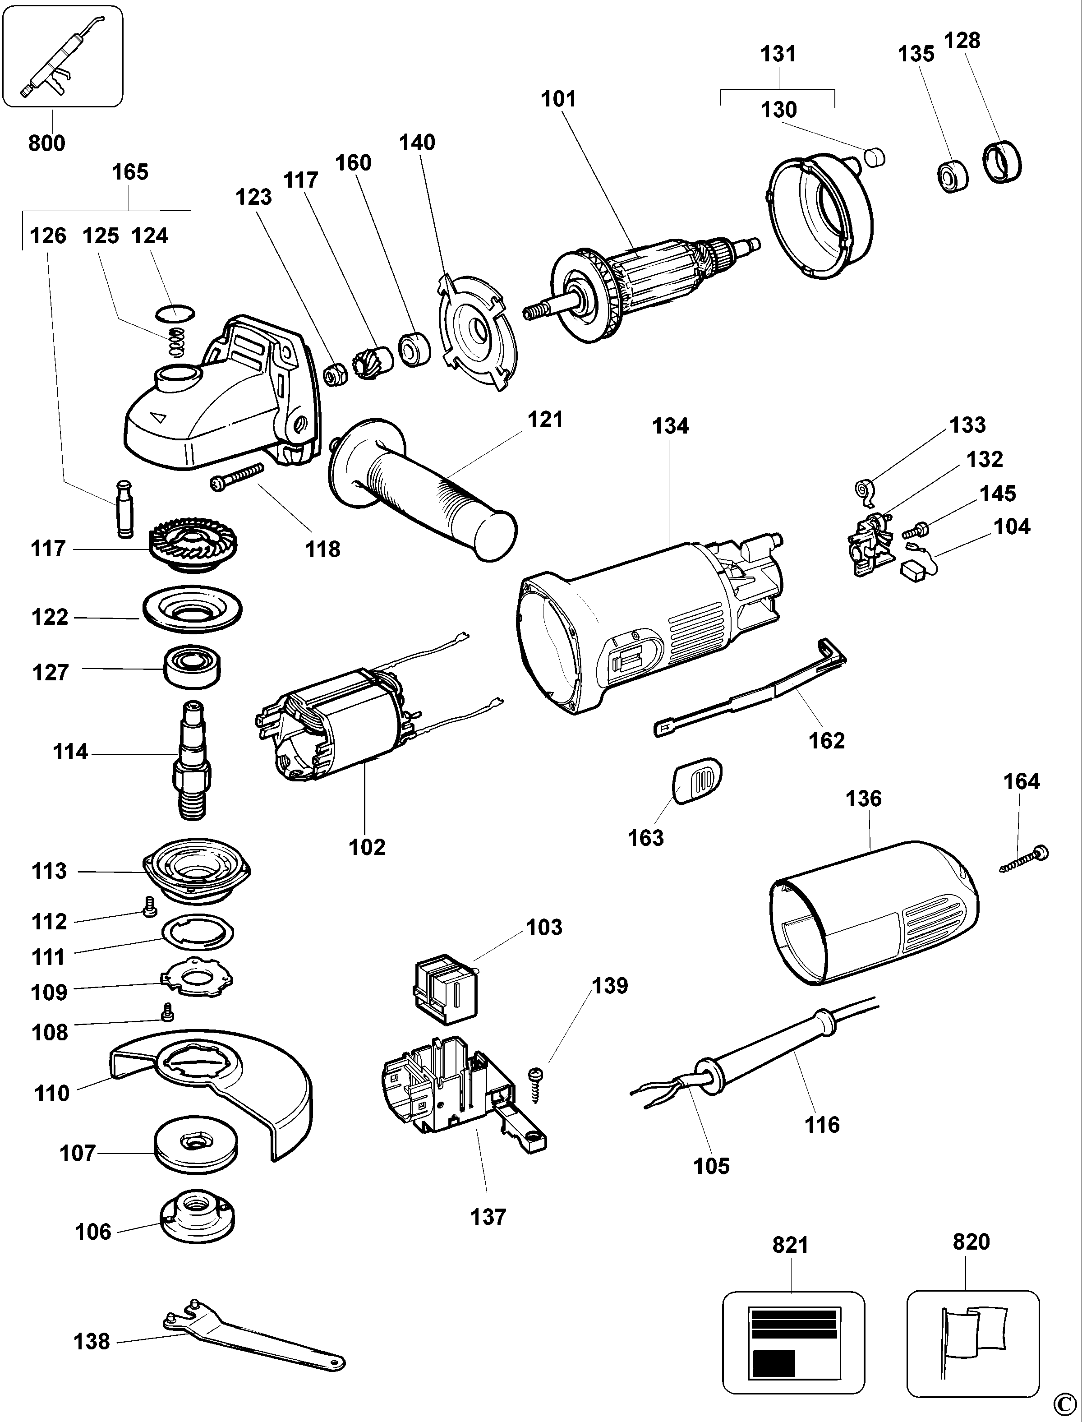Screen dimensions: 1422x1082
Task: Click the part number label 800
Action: click(46, 143)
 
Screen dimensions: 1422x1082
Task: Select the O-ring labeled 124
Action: click(175, 313)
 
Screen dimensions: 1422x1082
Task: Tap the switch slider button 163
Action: click(697, 781)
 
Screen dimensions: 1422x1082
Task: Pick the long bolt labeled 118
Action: click(238, 478)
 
